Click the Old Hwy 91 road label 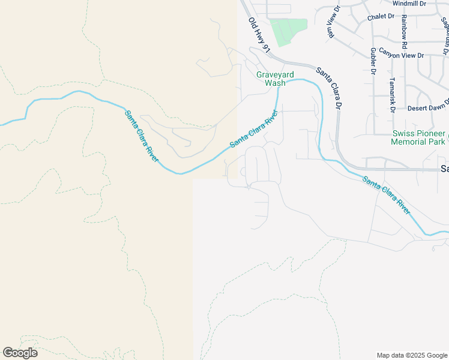(259, 35)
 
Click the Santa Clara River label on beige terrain (142, 136)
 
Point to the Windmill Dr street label (409, 4)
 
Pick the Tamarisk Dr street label (392, 98)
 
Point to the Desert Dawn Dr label (429, 107)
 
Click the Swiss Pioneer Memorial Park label (418, 137)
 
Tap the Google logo (20, 353)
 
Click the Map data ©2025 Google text (412, 355)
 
